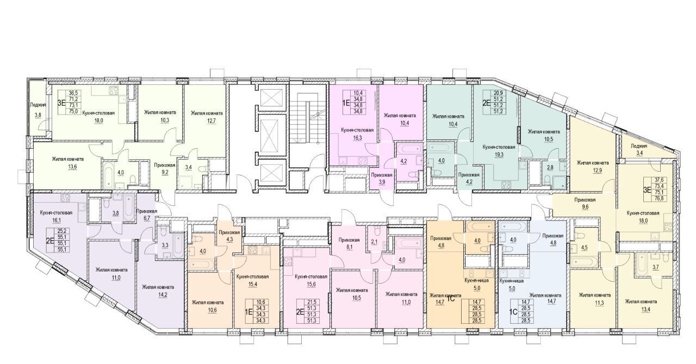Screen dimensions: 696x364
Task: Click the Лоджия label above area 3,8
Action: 38,105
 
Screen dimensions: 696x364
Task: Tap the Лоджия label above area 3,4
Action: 639,146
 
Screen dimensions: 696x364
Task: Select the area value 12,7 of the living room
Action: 207,120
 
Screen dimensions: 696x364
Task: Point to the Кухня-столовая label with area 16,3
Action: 357,130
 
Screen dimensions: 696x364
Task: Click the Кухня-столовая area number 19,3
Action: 499,154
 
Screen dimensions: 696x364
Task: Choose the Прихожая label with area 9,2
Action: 165,165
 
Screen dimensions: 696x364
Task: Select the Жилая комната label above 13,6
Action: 68,159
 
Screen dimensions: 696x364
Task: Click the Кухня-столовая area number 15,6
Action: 310,284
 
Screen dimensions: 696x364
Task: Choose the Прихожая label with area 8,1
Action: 349,240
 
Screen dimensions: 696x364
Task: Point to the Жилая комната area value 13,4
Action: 641,309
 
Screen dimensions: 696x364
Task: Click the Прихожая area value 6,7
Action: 146,218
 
